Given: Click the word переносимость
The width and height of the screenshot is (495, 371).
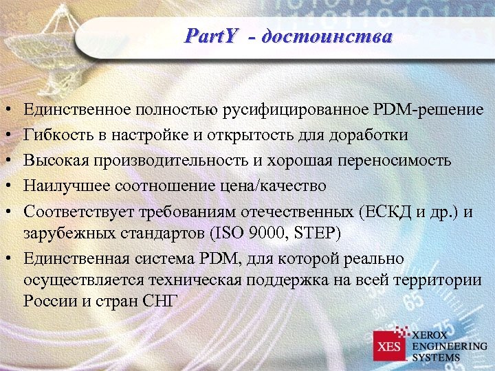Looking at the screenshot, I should pos(393,160).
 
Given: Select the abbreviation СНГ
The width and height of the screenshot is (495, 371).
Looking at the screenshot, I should pos(162,301).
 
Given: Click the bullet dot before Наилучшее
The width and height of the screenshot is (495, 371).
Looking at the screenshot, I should pos(5,186).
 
